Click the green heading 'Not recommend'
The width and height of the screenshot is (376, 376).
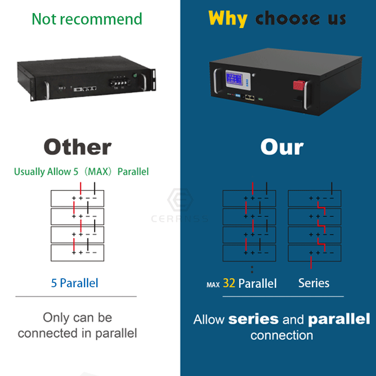[87, 19]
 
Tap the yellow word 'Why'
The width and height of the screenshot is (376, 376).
[228, 19]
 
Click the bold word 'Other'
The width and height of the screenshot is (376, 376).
[77, 147]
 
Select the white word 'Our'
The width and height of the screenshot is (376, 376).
[282, 147]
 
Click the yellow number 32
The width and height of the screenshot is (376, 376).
[229, 283]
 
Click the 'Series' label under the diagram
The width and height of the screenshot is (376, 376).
[314, 283]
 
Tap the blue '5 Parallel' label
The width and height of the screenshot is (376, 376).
[75, 283]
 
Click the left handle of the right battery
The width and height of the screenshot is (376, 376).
[215, 83]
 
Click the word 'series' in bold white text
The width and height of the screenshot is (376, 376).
[253, 319]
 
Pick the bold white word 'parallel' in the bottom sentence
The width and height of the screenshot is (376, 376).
[339, 319]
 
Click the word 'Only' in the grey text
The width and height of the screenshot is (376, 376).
[55, 317]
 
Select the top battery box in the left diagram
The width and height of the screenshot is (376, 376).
[77, 199]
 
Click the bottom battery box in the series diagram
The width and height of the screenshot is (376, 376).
[314, 253]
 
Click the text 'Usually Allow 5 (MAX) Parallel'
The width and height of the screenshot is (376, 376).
[81, 171]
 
